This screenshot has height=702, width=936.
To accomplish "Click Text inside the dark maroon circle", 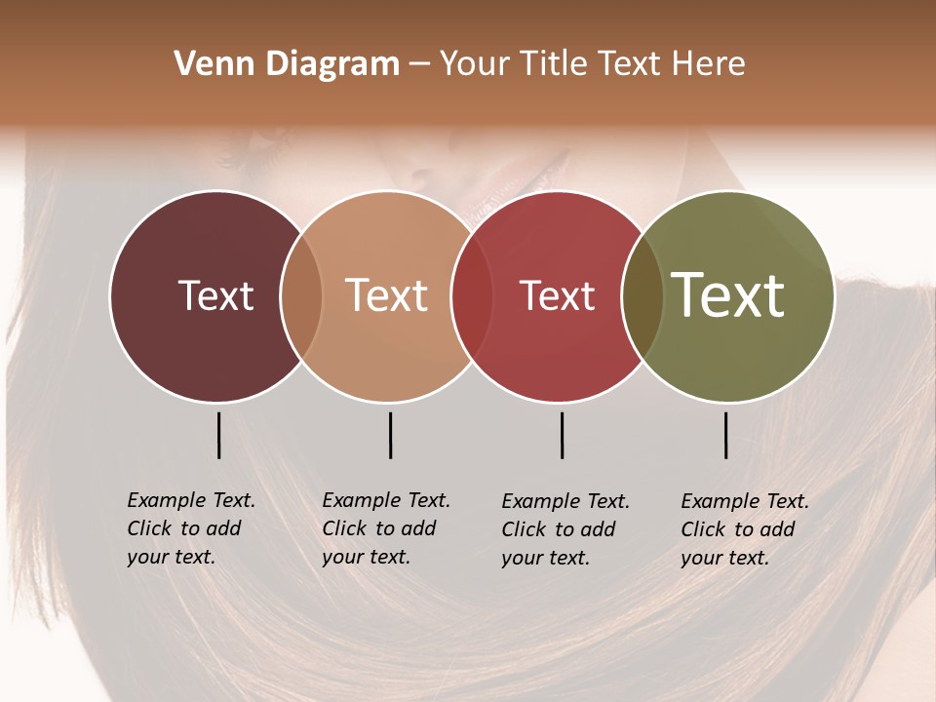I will [215, 295].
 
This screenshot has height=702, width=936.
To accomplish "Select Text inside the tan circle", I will [387, 295].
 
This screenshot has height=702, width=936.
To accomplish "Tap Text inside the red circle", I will [557, 295].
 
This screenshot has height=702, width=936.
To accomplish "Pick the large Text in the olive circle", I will [728, 295].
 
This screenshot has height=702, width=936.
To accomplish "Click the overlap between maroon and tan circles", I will [301, 295].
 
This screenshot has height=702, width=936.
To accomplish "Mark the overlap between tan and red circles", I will [472, 295].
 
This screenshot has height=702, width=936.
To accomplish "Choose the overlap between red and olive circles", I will [643, 295].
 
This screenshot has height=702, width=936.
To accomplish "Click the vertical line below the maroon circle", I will [218, 435].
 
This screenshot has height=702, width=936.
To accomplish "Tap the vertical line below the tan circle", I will [390, 435].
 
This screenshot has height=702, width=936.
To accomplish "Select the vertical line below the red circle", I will [562, 435].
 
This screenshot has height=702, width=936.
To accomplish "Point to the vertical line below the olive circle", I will [725, 435].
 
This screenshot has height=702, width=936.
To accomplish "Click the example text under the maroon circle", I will [190, 528].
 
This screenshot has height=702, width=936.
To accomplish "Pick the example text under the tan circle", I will [385, 528].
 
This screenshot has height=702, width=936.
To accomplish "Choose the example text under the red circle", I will [565, 529].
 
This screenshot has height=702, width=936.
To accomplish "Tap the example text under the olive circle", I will [744, 529].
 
